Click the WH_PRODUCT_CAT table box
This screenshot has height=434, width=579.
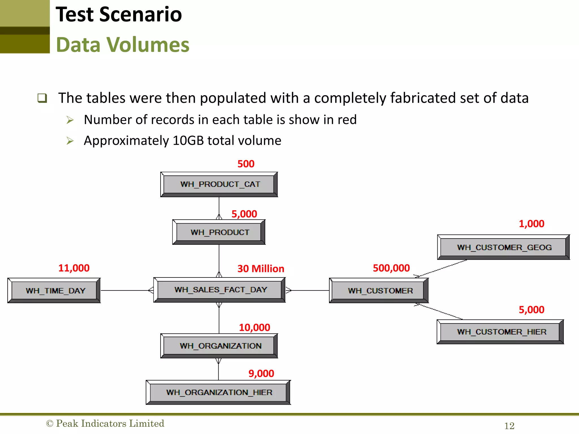(x=219, y=184)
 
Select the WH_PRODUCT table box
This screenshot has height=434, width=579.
(x=219, y=232)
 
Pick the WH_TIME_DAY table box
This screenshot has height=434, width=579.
(x=54, y=291)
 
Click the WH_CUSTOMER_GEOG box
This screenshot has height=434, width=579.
(x=503, y=248)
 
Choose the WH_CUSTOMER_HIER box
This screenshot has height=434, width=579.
(x=500, y=332)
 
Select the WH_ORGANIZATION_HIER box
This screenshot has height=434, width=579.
(x=218, y=392)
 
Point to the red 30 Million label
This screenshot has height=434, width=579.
(x=261, y=269)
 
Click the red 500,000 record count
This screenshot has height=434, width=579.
(x=391, y=268)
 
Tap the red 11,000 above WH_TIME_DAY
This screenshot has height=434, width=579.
(x=74, y=268)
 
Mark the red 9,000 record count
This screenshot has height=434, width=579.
(x=261, y=374)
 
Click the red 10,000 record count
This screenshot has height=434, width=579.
(x=254, y=328)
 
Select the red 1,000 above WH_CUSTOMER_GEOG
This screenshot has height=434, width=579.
(x=531, y=224)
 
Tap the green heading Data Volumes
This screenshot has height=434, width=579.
(x=123, y=45)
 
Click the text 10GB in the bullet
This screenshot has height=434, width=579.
(x=188, y=140)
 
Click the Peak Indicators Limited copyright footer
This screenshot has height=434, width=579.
(x=105, y=424)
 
